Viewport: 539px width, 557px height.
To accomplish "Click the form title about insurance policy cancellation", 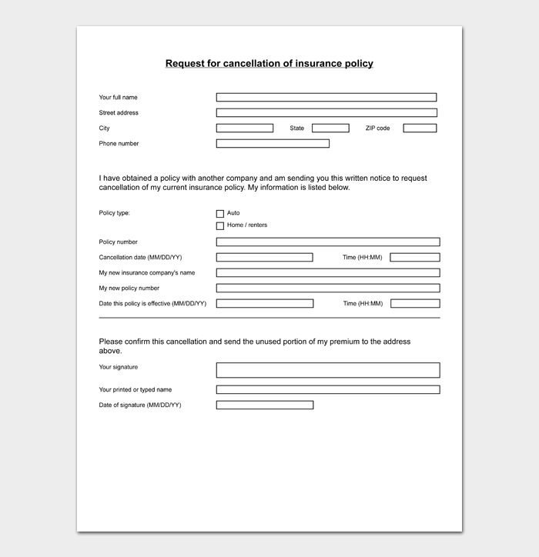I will tap(269, 64).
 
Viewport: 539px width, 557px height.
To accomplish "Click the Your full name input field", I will tap(326, 98).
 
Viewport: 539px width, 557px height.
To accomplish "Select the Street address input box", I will tap(326, 113).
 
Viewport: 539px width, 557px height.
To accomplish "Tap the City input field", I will tap(244, 128).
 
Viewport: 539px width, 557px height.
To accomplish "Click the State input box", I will tap(330, 128).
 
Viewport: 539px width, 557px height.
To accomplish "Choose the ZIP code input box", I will tap(420, 128).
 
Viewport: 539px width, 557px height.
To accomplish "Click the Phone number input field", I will tap(273, 144).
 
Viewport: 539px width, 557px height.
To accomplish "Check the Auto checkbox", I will tap(220, 214).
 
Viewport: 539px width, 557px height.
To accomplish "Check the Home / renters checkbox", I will tap(220, 226).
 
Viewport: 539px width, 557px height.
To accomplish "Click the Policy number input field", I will tap(327, 242).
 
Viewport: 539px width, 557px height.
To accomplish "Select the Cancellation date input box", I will tap(264, 258).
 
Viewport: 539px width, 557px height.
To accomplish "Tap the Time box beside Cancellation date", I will tap(415, 258).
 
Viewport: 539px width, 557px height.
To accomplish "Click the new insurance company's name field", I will tap(327, 273).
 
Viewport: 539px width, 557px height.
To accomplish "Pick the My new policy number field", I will tap(327, 289).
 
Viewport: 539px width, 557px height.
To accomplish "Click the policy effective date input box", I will tap(264, 304).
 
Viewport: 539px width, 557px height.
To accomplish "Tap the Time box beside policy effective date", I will tap(415, 304).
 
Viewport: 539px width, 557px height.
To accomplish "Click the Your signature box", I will tap(327, 370).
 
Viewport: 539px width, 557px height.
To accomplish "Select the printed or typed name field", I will tap(327, 390).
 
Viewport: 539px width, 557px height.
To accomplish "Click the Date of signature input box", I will tap(264, 405).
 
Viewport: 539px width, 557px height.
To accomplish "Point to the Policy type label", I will tap(115, 213).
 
